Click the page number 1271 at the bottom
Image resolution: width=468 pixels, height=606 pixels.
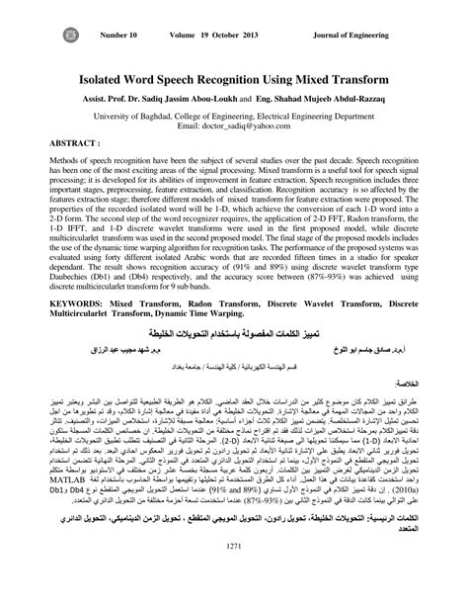[233, 572]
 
